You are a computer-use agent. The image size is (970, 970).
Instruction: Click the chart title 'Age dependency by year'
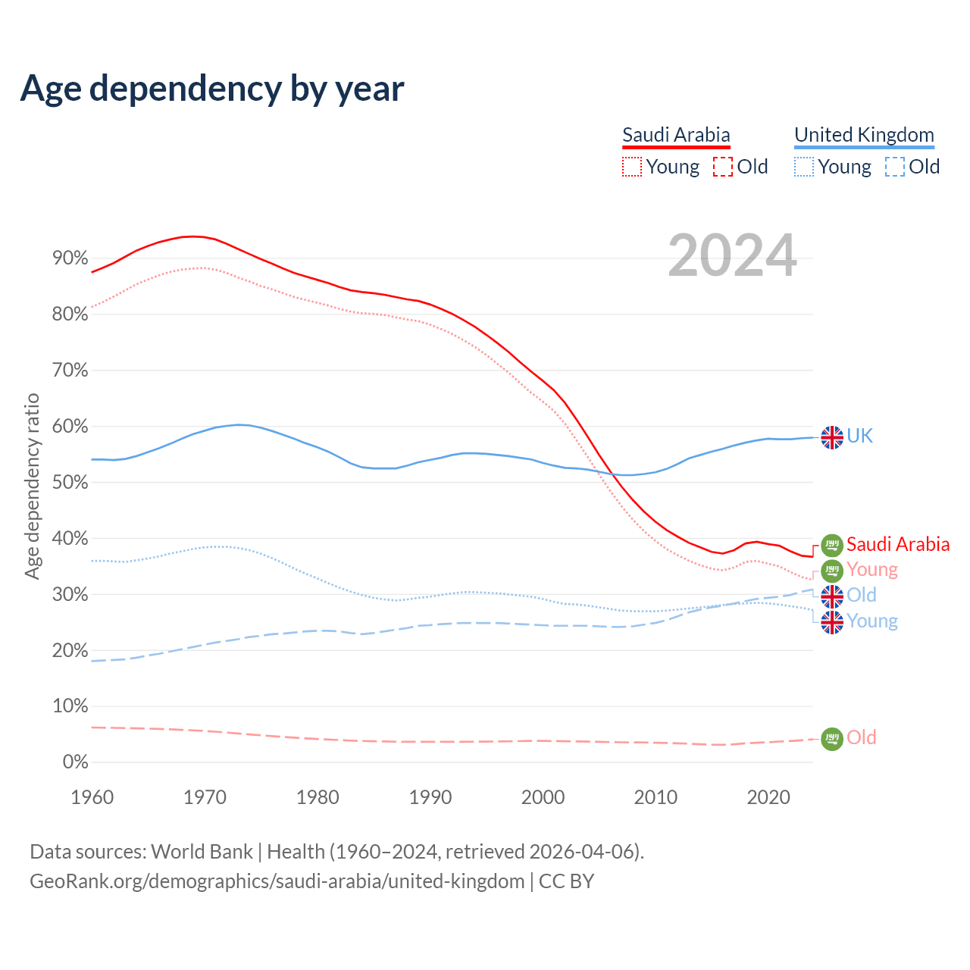tap(212, 89)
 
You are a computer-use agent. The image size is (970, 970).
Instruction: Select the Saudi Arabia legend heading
tap(676, 135)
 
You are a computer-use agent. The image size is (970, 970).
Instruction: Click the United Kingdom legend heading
tap(864, 135)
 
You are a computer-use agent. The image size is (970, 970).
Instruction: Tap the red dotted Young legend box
tap(632, 167)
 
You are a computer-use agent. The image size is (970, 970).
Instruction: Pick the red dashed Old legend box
tap(723, 167)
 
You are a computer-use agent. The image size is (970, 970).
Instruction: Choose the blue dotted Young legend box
tap(804, 167)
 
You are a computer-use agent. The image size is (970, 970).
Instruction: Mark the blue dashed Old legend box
tap(895, 167)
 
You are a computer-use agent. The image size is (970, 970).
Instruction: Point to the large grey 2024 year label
tap(732, 256)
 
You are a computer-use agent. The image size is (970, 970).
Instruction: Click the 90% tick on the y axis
tap(70, 258)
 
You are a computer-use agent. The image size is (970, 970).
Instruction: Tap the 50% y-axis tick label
tap(70, 483)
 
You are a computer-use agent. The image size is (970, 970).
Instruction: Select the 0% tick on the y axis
tap(74, 762)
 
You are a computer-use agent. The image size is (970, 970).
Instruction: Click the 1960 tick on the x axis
tap(92, 797)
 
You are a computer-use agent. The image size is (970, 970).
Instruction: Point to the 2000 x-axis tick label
tap(543, 797)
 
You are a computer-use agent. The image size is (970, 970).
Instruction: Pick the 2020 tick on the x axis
tap(768, 797)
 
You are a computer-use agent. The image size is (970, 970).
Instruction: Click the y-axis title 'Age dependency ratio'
tap(32, 486)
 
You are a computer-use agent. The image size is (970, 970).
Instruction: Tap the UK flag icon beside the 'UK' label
tap(832, 437)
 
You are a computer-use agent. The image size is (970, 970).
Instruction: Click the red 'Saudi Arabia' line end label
tap(898, 544)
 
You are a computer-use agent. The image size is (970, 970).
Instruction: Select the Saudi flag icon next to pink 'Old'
tap(832, 738)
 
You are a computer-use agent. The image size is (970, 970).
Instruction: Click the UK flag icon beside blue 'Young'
tap(832, 622)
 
